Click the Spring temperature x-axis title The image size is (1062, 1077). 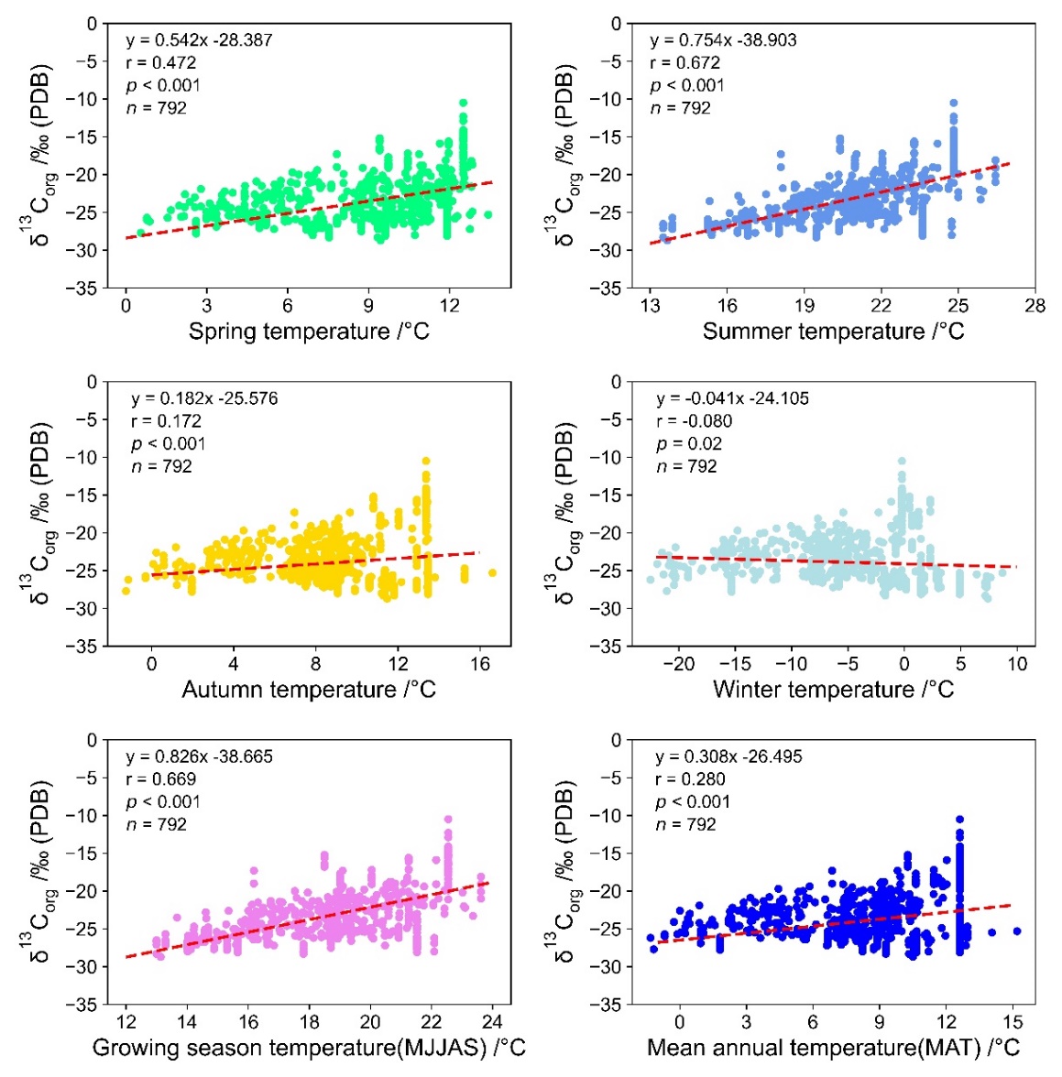[x=309, y=332]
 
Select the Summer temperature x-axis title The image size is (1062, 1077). [x=833, y=332]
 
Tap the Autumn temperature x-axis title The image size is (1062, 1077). [x=309, y=690]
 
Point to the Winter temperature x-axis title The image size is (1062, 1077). [x=833, y=690]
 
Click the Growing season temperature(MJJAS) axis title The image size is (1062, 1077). [x=309, y=1048]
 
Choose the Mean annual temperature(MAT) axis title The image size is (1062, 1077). [x=833, y=1048]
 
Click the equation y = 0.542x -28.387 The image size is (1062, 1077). [x=199, y=40]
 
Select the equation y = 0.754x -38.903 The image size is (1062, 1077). [x=723, y=40]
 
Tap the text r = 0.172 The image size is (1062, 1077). [x=166, y=421]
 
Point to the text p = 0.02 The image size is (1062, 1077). [x=689, y=444]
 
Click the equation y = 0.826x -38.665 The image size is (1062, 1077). [x=199, y=757]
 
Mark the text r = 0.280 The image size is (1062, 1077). [x=690, y=779]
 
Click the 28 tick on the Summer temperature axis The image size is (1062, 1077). [x=1035, y=306]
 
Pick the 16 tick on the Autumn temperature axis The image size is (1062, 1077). [x=481, y=664]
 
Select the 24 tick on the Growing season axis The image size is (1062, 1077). [x=492, y=1022]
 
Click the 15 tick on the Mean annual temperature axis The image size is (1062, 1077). [x=1013, y=1022]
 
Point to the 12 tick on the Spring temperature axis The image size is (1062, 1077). [x=450, y=306]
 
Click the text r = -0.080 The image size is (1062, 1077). [x=694, y=421]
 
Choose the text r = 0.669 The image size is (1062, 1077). [x=160, y=779]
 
